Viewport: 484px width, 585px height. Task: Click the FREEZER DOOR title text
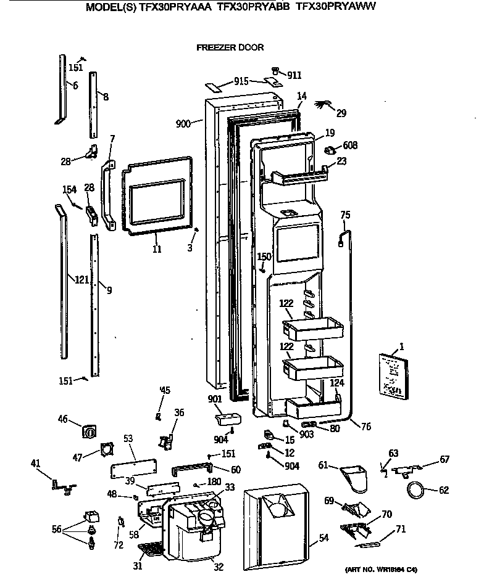point(230,47)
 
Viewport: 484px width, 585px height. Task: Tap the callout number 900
point(183,124)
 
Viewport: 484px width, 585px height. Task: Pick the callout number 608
point(349,145)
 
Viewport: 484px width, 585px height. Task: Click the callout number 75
point(345,215)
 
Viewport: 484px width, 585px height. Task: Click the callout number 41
point(36,462)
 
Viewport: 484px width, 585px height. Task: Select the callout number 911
point(294,75)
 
